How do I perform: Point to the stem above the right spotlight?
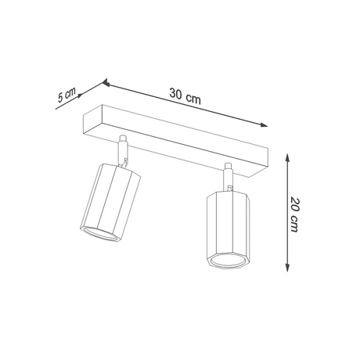point(228,176)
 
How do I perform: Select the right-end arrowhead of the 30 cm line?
point(264,123)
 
